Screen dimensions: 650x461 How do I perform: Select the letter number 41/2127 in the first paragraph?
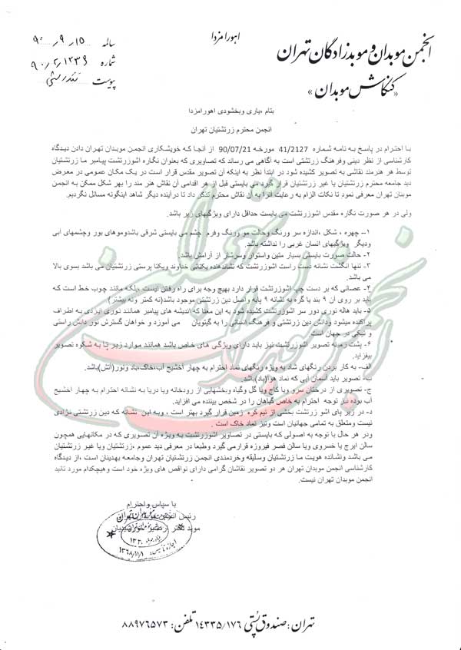[x=271, y=155]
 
